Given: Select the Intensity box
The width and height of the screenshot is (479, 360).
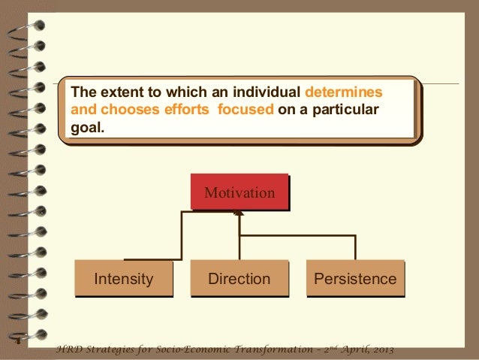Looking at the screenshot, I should coord(124,280).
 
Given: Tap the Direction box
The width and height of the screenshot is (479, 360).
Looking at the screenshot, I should coord(239,280).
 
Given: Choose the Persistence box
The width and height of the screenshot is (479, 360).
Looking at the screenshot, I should coord(354,280).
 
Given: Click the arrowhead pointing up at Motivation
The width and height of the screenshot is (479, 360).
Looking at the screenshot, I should coord(239,214).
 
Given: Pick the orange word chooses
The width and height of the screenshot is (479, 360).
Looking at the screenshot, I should coord(124,111).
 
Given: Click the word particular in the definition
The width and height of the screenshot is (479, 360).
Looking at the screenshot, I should coord(345,111).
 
